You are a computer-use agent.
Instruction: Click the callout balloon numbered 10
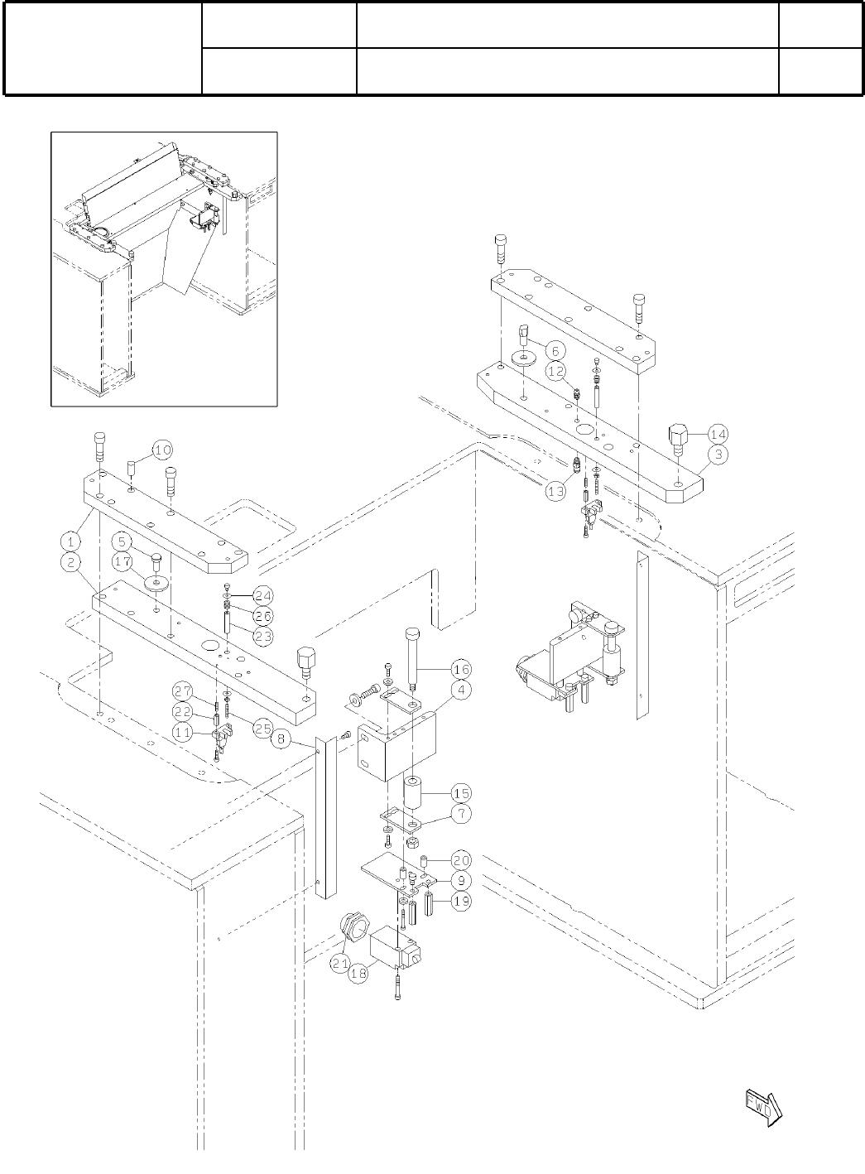[x=162, y=450]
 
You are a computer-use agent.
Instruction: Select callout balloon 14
[x=718, y=432]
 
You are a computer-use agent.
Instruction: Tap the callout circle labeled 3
[x=718, y=454]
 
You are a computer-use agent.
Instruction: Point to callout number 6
[x=555, y=350]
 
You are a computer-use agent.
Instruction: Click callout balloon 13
[x=555, y=490]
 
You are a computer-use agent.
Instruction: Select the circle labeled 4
[x=460, y=689]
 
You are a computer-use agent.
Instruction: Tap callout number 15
[x=460, y=793]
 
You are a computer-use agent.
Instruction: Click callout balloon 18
[x=358, y=974]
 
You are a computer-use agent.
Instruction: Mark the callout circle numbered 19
[x=460, y=902]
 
